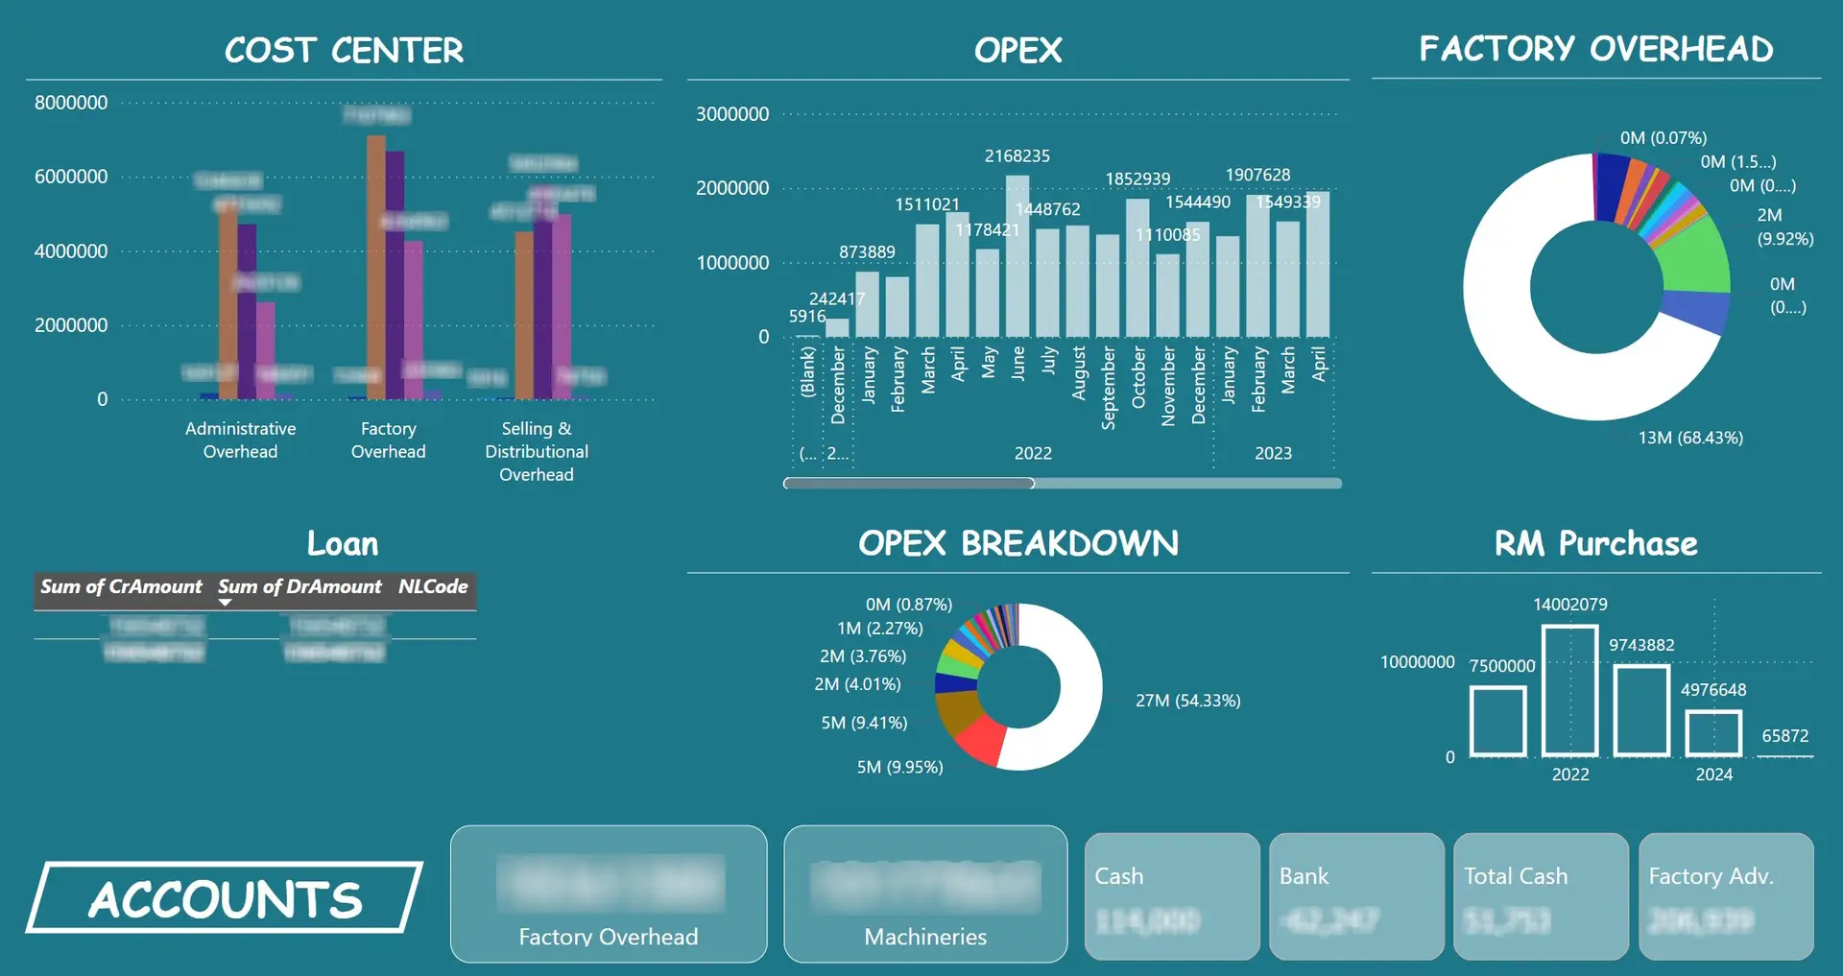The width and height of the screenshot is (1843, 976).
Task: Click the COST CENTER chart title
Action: (344, 50)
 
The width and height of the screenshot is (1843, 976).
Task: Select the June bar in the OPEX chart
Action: (1017, 259)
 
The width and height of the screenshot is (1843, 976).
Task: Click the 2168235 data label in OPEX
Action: (1017, 155)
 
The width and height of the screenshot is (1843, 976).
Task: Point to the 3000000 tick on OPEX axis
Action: (732, 114)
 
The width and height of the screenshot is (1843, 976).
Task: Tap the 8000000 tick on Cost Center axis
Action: (71, 103)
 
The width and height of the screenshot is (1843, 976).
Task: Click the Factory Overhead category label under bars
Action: (388, 440)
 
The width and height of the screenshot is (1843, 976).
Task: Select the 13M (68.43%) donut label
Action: (1689, 438)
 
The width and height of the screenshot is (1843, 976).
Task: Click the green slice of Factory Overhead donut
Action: (1697, 259)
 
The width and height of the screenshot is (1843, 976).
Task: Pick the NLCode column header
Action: (433, 586)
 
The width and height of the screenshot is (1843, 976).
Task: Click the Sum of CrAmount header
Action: (121, 586)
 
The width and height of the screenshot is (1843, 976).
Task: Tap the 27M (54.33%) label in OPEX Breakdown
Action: (1187, 701)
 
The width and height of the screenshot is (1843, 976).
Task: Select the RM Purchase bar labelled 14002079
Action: (1569, 691)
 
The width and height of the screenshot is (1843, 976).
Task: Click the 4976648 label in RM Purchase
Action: (1712, 690)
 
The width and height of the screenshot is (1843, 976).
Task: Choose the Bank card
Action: (1355, 895)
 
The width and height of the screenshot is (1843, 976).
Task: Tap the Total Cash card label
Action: (1516, 876)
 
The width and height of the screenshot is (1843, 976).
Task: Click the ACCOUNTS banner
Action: (225, 898)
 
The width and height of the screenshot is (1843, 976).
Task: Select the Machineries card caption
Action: (925, 937)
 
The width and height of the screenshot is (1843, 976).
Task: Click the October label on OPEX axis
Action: (1138, 378)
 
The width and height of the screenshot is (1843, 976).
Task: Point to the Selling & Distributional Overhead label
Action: (537, 451)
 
